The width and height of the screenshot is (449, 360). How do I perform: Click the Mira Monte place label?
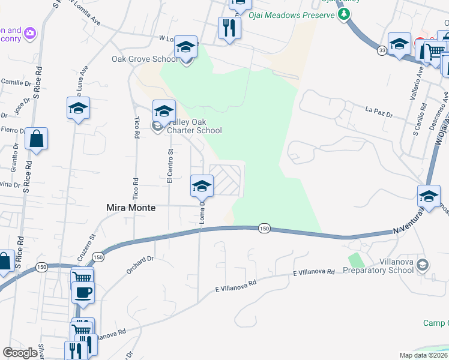[x=131, y=208]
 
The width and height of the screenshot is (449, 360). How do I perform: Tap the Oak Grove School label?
[x=145, y=59]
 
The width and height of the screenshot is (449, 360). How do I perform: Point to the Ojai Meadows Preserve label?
[x=294, y=15]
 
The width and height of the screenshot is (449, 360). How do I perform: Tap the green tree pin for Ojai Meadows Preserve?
[x=343, y=14]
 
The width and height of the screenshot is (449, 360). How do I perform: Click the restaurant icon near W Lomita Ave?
[x=229, y=28]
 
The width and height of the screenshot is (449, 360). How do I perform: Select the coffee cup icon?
[x=82, y=292]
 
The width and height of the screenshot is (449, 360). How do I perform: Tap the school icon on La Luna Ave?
[x=78, y=109]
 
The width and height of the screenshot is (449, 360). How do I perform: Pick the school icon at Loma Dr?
[x=202, y=186]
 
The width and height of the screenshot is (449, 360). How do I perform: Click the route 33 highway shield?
[x=382, y=50]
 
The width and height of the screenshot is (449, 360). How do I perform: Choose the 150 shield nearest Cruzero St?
[x=97, y=257]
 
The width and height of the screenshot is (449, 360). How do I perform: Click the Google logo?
[x=20, y=353]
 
